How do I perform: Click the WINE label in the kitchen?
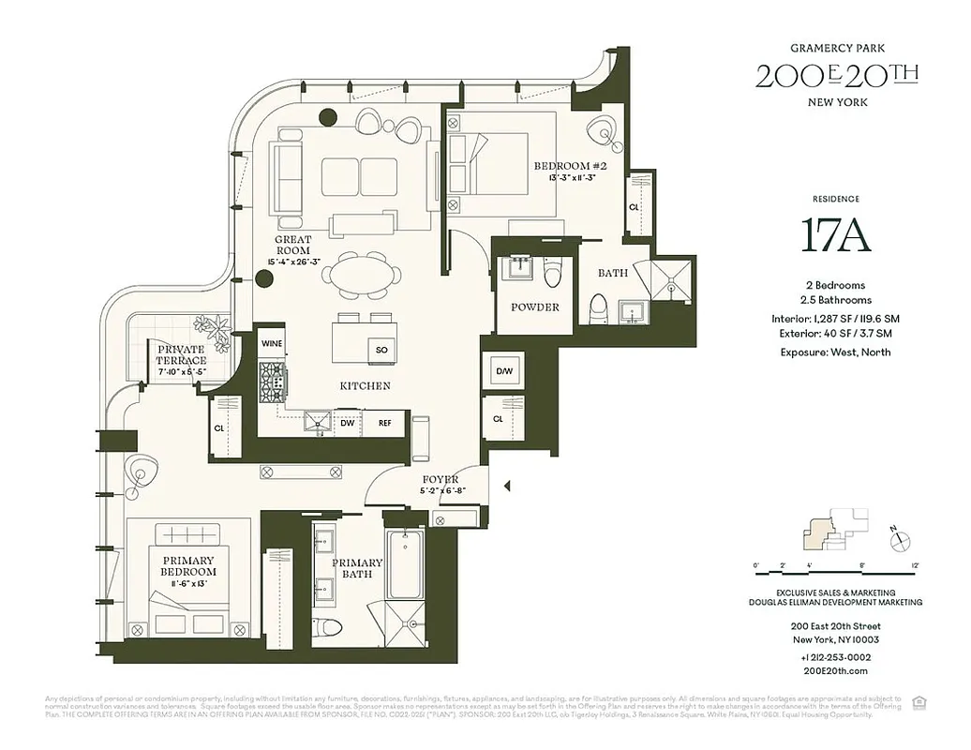coord(272,344)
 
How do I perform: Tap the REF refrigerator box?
coord(384,423)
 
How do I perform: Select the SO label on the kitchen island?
coord(381,350)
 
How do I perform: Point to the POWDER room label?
coord(535,307)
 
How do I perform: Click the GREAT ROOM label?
coord(292,246)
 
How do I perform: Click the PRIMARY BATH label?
coord(357,568)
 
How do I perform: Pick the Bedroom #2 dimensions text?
coord(566,178)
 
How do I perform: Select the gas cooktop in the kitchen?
coord(273,382)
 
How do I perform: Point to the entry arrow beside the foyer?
coord(507,486)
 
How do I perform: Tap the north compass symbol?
coord(898,539)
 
